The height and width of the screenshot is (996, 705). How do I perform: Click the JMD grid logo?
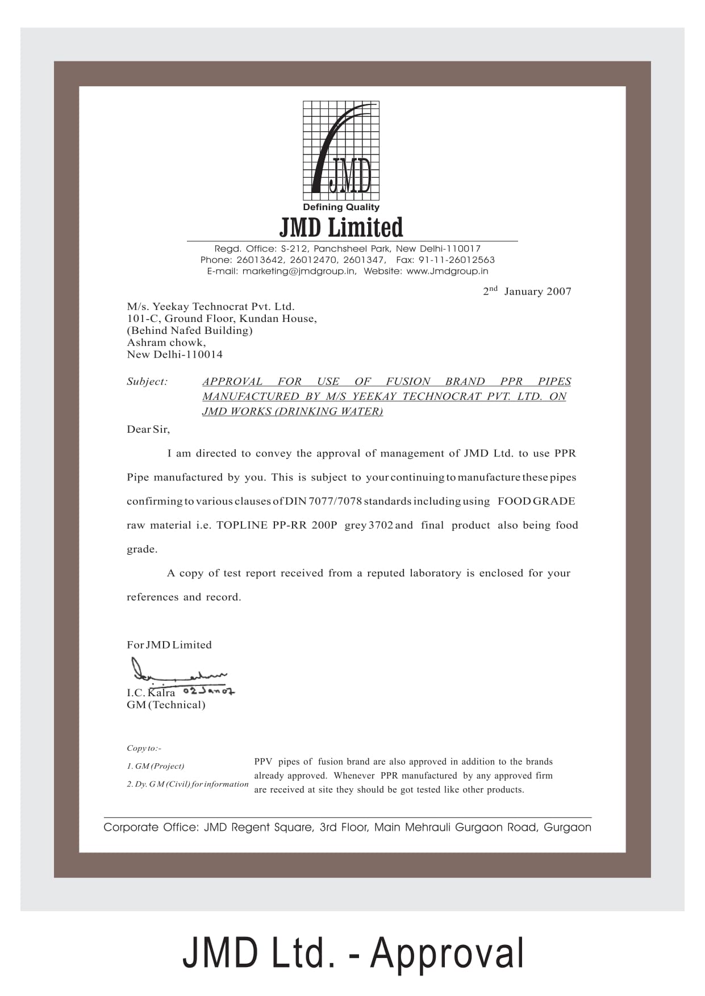tap(341, 150)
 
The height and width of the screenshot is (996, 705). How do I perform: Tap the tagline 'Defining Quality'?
tap(341, 207)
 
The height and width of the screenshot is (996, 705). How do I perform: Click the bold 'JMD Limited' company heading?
tap(341, 227)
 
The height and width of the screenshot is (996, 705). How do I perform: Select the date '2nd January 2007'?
tap(527, 291)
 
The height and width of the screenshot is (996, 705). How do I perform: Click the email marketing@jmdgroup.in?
tap(299, 271)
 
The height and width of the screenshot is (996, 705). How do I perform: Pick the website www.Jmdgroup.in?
tap(447, 271)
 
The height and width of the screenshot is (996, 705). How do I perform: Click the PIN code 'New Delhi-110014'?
tap(174, 354)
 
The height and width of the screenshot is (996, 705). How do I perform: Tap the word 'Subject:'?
tap(147, 382)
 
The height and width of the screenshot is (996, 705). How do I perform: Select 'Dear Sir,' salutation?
tap(148, 429)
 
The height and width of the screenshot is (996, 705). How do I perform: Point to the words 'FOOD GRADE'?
tap(536, 501)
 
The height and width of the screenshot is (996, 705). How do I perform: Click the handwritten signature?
tap(176, 671)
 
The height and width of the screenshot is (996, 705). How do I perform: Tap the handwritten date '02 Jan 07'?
tap(208, 691)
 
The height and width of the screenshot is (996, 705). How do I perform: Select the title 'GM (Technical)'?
tap(166, 705)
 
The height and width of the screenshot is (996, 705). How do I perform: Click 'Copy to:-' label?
tap(144, 748)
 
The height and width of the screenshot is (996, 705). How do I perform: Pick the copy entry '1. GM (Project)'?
tap(156, 766)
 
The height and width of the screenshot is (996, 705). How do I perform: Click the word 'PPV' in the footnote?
tap(263, 761)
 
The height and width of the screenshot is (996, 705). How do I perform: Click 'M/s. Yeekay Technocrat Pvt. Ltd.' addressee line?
tap(211, 307)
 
